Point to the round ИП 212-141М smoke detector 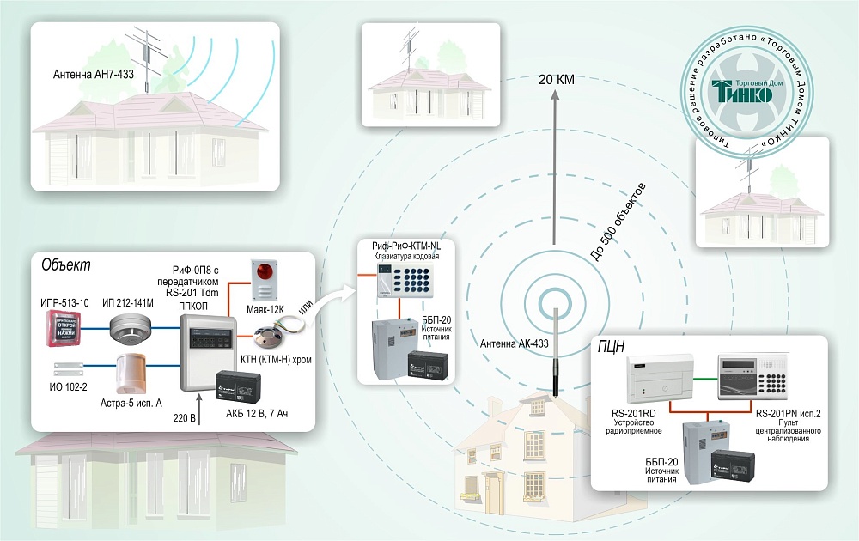coord(130,327)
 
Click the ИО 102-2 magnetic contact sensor coord(65,369)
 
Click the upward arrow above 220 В coord(199,399)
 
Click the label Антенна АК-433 coord(514,344)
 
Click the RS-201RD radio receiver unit coord(659,378)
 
